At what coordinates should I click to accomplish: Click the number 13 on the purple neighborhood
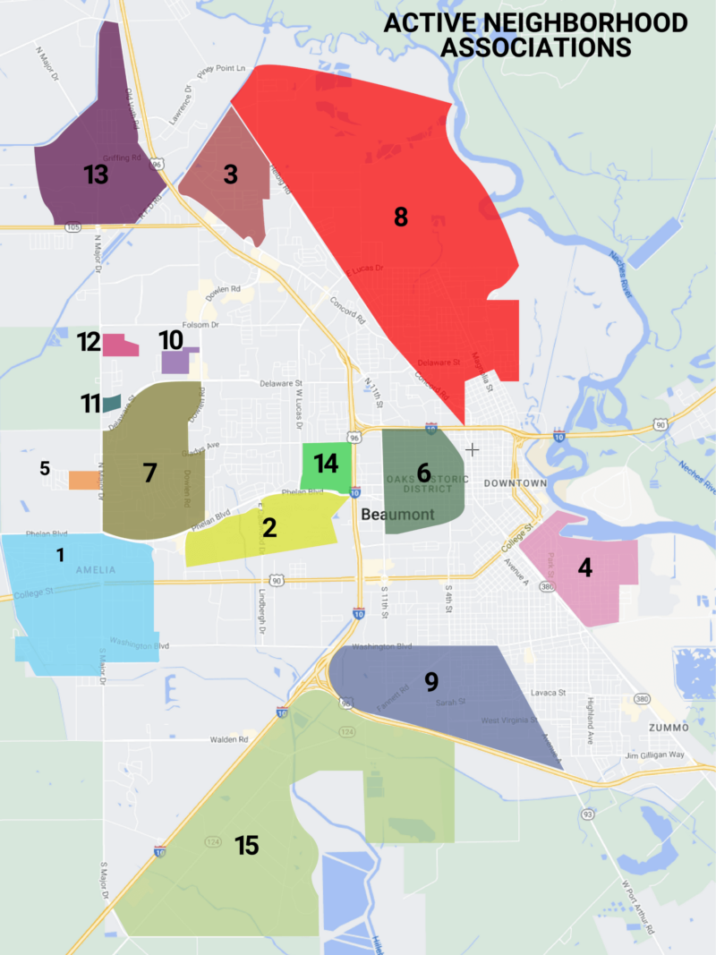click(96, 175)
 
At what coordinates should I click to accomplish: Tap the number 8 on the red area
click(401, 216)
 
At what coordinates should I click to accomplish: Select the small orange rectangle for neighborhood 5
click(84, 481)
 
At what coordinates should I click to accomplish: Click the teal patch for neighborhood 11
click(112, 404)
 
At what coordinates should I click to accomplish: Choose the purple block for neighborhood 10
click(175, 362)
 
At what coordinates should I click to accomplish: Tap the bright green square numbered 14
click(325, 464)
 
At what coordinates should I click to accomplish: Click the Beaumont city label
click(397, 515)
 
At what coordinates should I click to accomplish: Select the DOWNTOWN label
click(515, 483)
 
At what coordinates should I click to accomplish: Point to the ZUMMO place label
click(669, 728)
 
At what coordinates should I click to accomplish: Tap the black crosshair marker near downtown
click(472, 448)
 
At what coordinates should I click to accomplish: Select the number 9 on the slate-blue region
click(431, 682)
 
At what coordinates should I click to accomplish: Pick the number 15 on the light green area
click(246, 845)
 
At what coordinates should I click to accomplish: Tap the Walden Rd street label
click(228, 739)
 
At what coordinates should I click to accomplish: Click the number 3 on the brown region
click(230, 175)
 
